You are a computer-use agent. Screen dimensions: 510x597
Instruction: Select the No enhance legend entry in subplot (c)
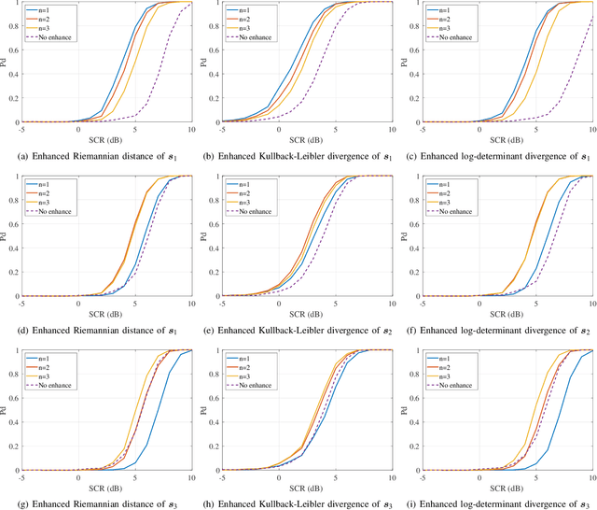point(449,38)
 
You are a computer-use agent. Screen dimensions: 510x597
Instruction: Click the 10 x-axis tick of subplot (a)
point(190,130)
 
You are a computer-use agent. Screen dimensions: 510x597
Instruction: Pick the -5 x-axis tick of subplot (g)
point(22,477)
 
